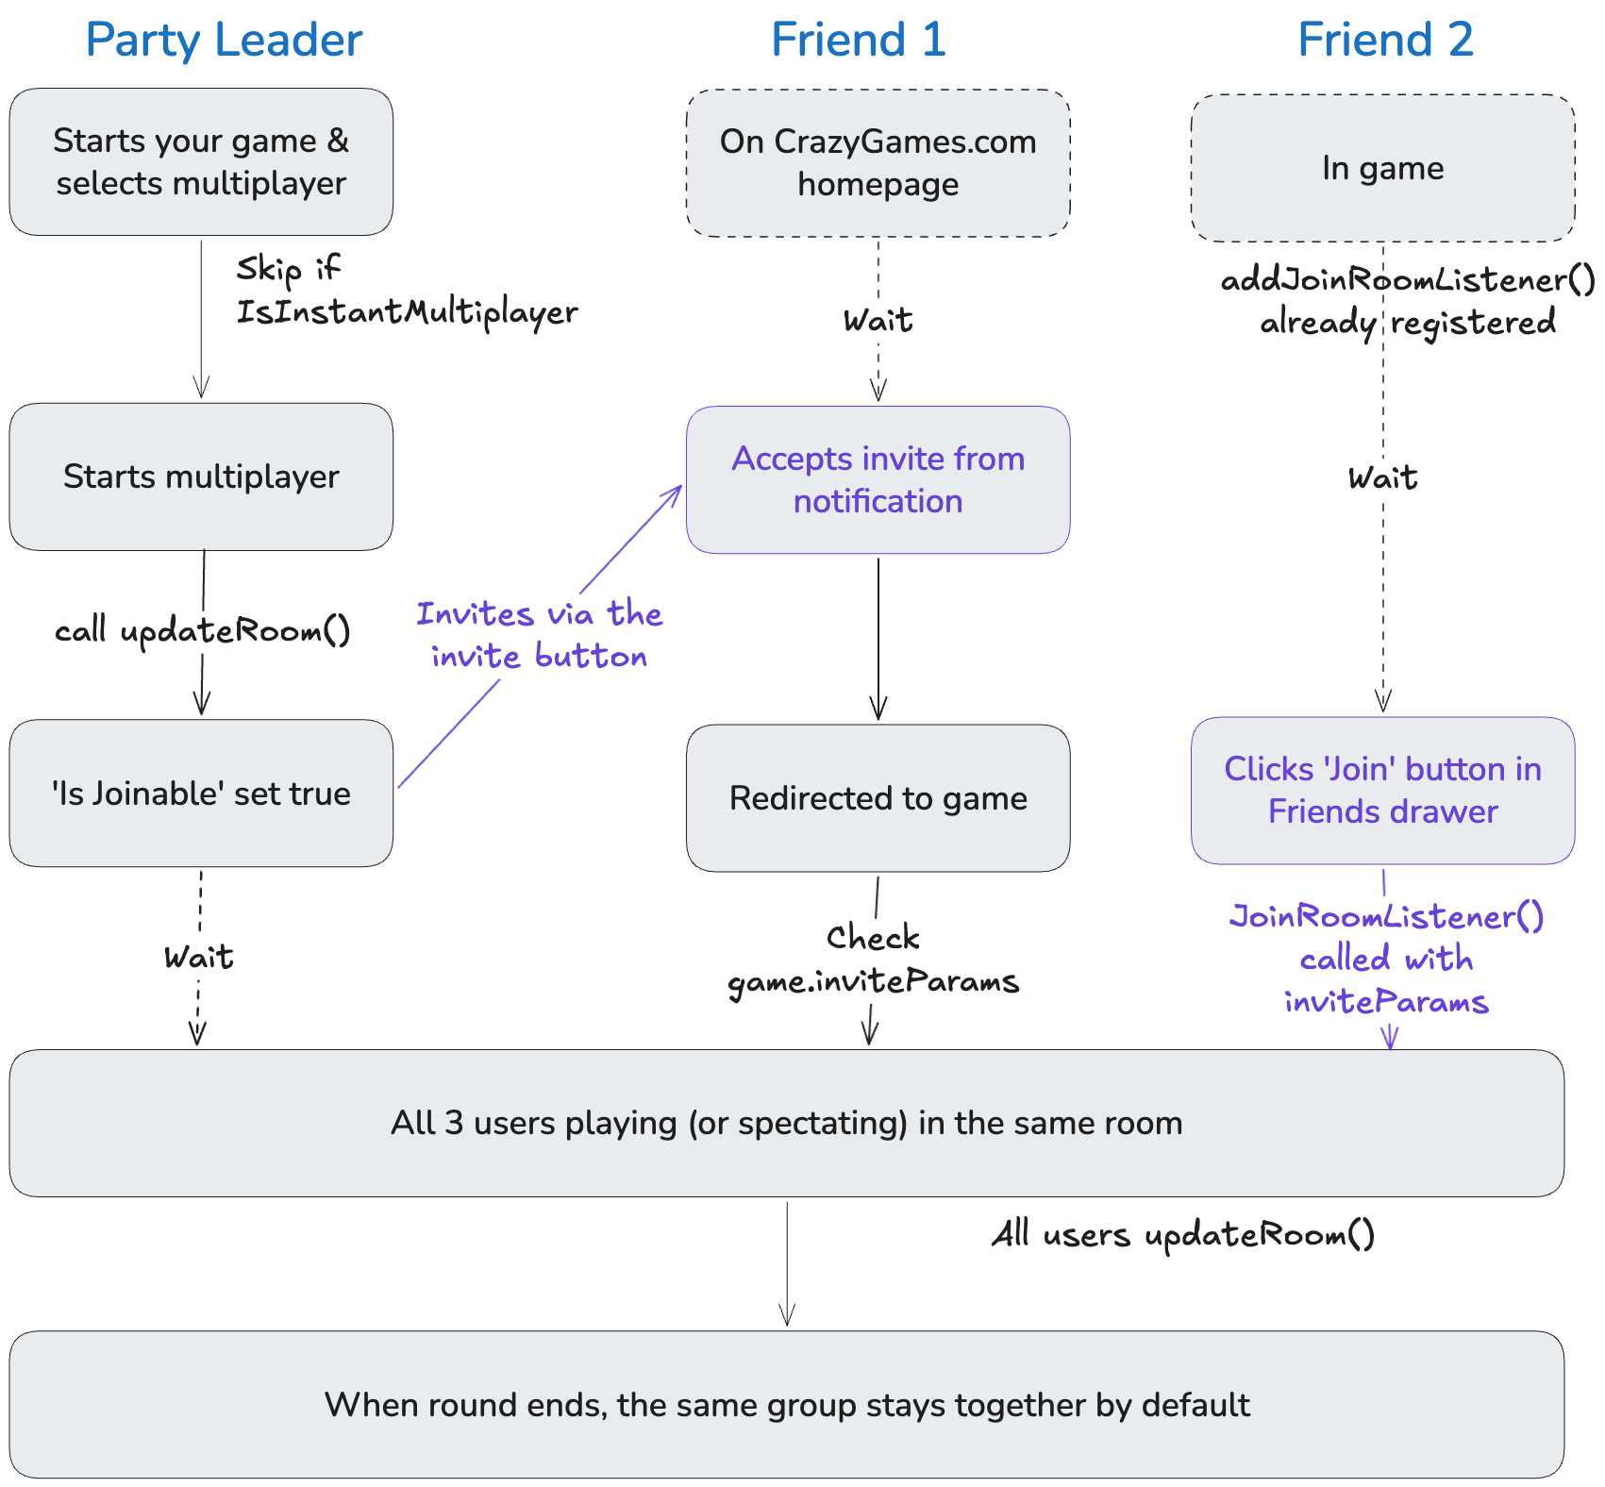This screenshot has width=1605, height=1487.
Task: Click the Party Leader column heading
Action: (x=224, y=40)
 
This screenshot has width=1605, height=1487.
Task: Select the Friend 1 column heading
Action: (x=858, y=40)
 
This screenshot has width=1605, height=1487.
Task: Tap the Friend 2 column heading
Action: (x=1384, y=40)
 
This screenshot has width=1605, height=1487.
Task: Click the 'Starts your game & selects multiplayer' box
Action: (x=201, y=161)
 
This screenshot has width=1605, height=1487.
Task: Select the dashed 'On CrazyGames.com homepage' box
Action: (x=878, y=162)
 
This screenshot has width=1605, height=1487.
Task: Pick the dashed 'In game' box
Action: (x=1382, y=168)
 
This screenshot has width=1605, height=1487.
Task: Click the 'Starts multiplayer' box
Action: (x=201, y=476)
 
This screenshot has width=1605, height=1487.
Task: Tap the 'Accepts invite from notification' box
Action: (x=878, y=479)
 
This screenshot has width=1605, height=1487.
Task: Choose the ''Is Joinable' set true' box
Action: (x=201, y=794)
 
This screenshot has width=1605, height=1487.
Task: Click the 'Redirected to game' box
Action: (x=878, y=798)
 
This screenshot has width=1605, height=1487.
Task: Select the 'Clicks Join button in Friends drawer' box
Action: (x=1382, y=791)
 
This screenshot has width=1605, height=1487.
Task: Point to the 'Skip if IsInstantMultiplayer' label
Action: (x=406, y=291)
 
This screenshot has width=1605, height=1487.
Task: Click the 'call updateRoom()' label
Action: (x=202, y=630)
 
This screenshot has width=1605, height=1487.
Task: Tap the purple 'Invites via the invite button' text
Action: (x=539, y=635)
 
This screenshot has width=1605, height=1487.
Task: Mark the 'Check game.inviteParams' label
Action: (x=873, y=960)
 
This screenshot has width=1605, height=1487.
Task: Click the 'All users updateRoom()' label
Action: (x=1183, y=1234)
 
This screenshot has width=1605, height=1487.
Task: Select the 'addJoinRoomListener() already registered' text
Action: (x=1407, y=301)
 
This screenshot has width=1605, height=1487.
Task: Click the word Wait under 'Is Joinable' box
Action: (x=198, y=958)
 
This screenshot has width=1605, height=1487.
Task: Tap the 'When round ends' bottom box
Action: (x=786, y=1405)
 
